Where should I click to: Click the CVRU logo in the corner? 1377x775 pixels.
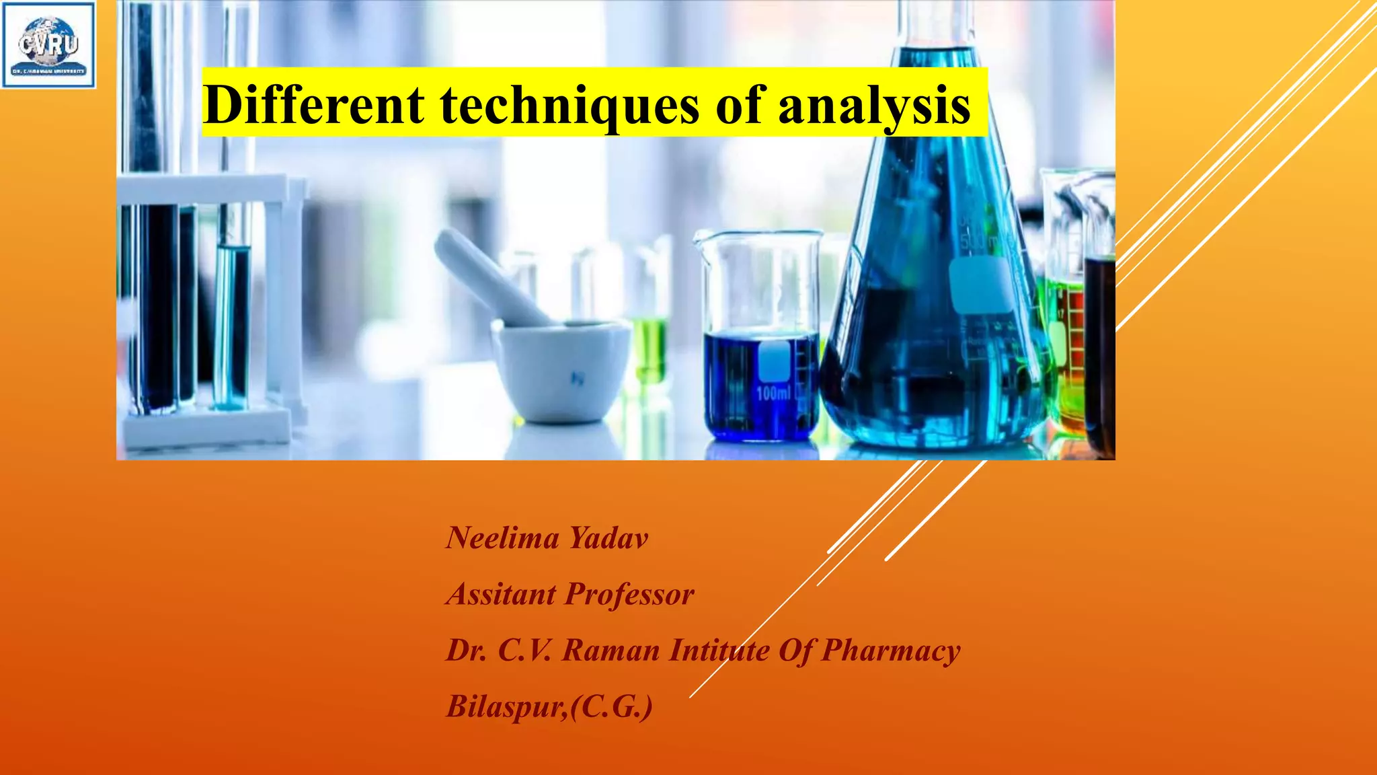click(x=48, y=45)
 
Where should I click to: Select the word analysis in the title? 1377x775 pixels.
click(x=874, y=106)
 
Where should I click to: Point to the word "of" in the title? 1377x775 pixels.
click(x=740, y=105)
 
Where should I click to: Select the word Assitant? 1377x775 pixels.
click(x=502, y=594)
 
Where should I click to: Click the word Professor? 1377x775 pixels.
click(x=630, y=594)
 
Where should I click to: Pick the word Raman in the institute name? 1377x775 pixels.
click(x=611, y=651)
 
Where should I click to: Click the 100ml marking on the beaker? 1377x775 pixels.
click(x=773, y=392)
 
